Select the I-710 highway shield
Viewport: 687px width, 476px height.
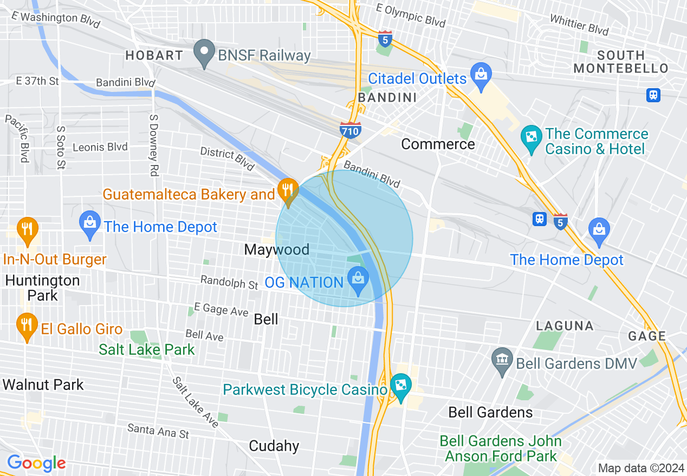pos(351,130)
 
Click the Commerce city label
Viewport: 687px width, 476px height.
pos(438,144)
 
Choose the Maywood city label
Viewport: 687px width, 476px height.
pos(276,249)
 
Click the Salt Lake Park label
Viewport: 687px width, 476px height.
pos(146,349)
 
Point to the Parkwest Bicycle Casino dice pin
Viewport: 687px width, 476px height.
pos(401,386)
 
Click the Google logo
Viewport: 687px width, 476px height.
pos(36,463)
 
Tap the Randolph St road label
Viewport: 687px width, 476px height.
pos(229,282)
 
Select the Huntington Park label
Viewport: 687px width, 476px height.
pos(42,288)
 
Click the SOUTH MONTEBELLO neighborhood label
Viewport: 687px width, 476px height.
pos(621,62)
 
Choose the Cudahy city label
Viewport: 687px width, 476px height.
pos(274,446)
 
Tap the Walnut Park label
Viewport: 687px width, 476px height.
pos(43,385)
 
